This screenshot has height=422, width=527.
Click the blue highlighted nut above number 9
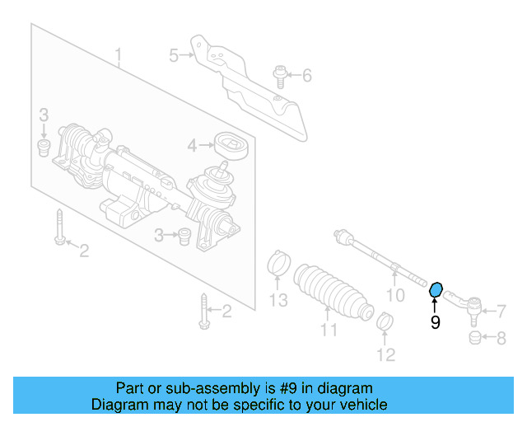pos(436,289)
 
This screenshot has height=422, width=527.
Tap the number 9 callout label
pos(436,323)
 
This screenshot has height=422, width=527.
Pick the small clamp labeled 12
pos(384,321)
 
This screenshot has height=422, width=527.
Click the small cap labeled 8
pos(474,339)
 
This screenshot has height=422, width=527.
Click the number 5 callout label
pos(174,55)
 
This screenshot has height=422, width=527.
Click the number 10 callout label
pos(395,294)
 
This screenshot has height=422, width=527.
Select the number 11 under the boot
pos(329,331)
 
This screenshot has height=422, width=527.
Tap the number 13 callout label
pos(280,299)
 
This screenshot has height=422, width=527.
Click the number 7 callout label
pos(501,311)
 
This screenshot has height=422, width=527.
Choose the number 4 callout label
pos(191,146)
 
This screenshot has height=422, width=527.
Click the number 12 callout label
pos(386,355)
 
